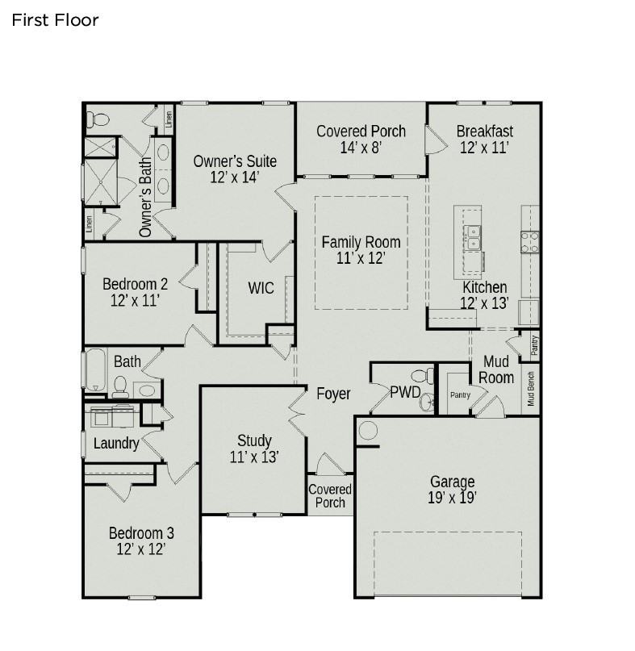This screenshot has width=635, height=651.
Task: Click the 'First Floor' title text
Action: click(55, 20)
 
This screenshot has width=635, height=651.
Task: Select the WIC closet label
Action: click(261, 288)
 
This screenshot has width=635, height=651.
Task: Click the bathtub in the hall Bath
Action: click(94, 370)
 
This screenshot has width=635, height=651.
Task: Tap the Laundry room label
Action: click(116, 443)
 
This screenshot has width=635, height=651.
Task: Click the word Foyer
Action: click(333, 394)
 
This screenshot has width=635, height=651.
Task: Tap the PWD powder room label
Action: click(405, 393)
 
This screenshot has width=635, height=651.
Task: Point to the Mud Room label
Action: click(495, 369)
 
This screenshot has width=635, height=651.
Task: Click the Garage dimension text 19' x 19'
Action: click(452, 498)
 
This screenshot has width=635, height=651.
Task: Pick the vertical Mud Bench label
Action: click(531, 388)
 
